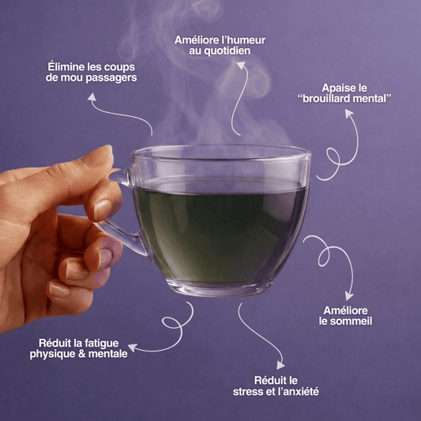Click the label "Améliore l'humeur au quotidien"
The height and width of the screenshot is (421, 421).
pyautogui.click(x=220, y=45)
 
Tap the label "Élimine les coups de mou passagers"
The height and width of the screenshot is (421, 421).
pyautogui.click(x=92, y=72)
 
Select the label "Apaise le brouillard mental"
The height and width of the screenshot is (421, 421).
pyautogui.click(x=344, y=93)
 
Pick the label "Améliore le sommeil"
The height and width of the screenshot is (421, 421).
pyautogui.click(x=345, y=316)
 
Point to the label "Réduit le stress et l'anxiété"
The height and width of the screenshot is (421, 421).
pyautogui.click(x=276, y=386)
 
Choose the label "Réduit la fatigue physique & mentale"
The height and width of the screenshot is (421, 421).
pyautogui.click(x=79, y=348)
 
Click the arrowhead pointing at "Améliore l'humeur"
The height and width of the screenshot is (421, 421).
pyautogui.click(x=241, y=66)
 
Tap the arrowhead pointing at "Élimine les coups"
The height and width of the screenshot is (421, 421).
pyautogui.click(x=92, y=96)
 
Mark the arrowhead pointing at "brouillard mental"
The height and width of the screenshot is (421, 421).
pyautogui.click(x=349, y=113)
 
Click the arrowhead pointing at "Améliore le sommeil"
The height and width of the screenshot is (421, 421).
pyautogui.click(x=349, y=296)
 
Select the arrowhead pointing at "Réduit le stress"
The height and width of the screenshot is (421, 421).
pyautogui.click(x=280, y=365)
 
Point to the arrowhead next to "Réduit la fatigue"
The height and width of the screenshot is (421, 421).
pyautogui.click(x=133, y=348)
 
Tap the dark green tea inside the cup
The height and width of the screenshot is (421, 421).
pyautogui.click(x=220, y=234)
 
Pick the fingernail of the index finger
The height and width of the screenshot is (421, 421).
pyautogui.click(x=102, y=209)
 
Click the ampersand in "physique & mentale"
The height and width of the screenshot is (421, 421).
pyautogui.click(x=81, y=354)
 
